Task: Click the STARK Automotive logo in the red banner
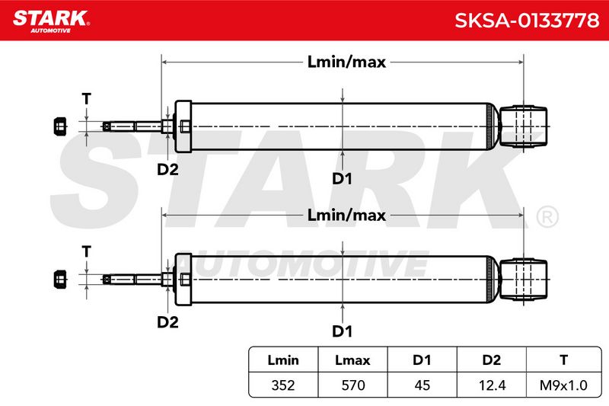point(51,21)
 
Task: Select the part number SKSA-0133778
point(527,21)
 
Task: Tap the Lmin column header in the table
point(283,360)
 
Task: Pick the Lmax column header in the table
point(352,360)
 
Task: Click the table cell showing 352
point(283,385)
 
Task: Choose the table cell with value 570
point(353,385)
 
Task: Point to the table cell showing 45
point(422,385)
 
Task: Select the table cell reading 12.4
point(492,385)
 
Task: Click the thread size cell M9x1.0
point(563,385)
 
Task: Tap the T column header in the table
point(564,360)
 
